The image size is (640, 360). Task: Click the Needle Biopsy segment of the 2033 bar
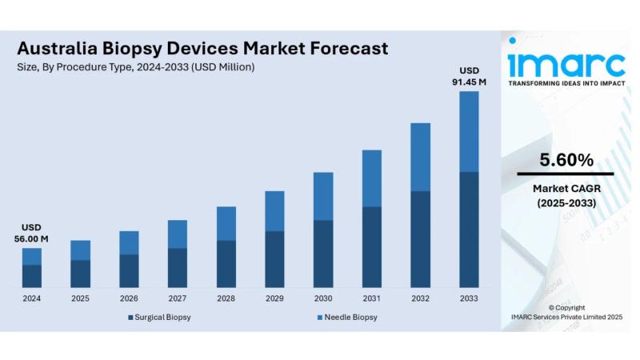(x=469, y=131)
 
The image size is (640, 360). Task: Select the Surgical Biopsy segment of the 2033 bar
(x=469, y=229)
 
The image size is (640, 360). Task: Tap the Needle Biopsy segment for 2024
(x=32, y=256)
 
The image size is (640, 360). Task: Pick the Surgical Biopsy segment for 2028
(x=226, y=263)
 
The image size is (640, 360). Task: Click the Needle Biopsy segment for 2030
(x=323, y=196)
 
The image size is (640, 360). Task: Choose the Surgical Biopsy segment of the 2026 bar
(x=129, y=270)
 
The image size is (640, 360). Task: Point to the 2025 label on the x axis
(x=80, y=298)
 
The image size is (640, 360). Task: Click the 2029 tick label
(x=274, y=298)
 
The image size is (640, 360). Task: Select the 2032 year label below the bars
(x=420, y=298)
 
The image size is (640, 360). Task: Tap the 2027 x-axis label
(x=178, y=298)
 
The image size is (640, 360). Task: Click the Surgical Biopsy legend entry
(x=159, y=318)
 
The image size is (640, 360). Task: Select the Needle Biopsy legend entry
(x=346, y=318)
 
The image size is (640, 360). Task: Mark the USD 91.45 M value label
(x=470, y=75)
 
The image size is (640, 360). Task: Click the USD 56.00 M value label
(x=32, y=233)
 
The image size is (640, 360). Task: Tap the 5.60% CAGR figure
(x=566, y=160)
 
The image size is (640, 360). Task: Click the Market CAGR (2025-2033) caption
(x=566, y=196)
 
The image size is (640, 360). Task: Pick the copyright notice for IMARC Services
(x=566, y=313)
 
